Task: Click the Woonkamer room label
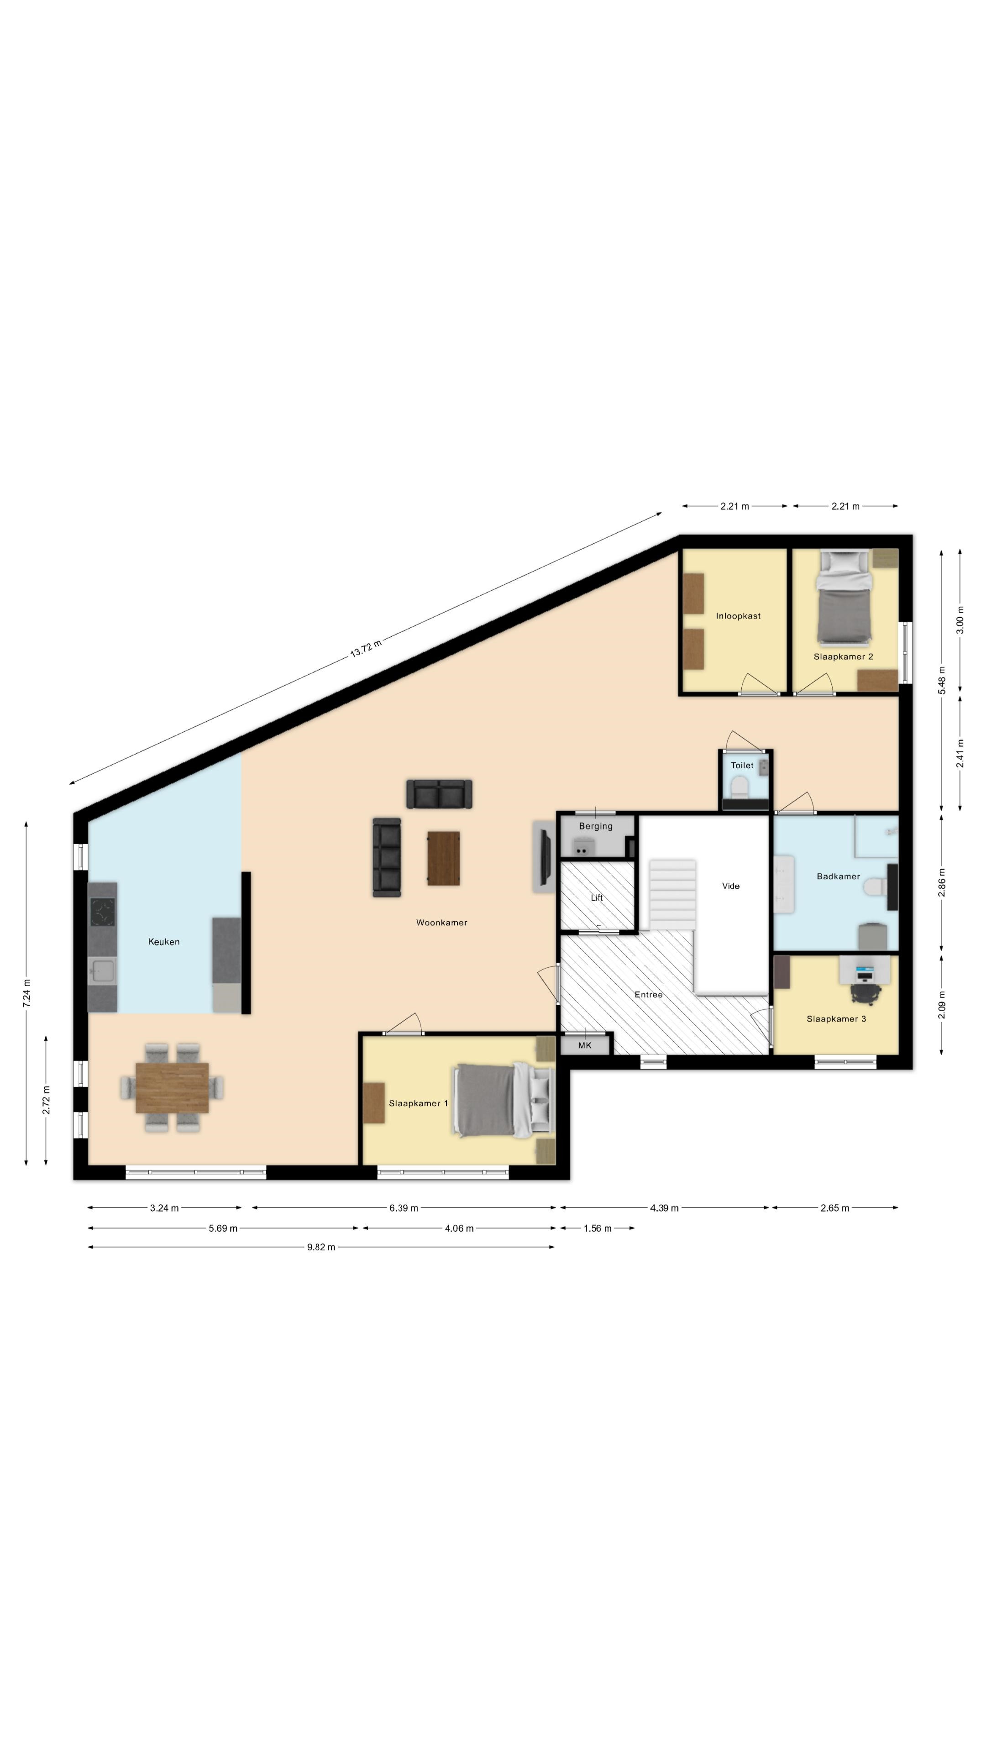pyautogui.click(x=441, y=923)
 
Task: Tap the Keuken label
pyautogui.click(x=164, y=942)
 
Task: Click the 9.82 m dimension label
pyautogui.click(x=321, y=1247)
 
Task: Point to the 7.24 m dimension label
pyautogui.click(x=26, y=993)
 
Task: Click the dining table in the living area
pyautogui.click(x=172, y=1087)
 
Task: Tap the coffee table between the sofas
pyautogui.click(x=444, y=858)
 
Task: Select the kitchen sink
pyautogui.click(x=103, y=971)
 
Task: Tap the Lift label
pyautogui.click(x=597, y=897)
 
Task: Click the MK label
pyautogui.click(x=584, y=1045)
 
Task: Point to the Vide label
pyautogui.click(x=731, y=886)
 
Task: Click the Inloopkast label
pyautogui.click(x=738, y=616)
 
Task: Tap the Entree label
pyautogui.click(x=649, y=994)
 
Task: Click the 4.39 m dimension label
pyautogui.click(x=664, y=1208)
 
